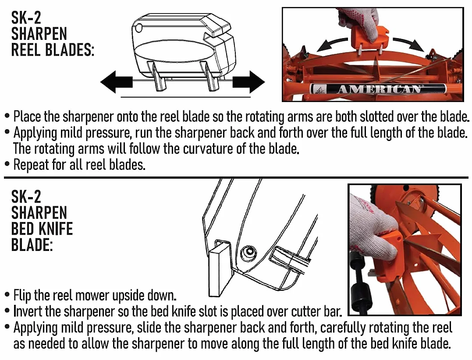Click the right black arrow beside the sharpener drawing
click(248, 82)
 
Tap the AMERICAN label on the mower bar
click(378, 89)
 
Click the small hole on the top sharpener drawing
click(138, 28)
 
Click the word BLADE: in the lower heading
click(32, 244)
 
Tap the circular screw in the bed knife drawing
click(249, 251)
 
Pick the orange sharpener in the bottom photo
click(388, 259)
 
